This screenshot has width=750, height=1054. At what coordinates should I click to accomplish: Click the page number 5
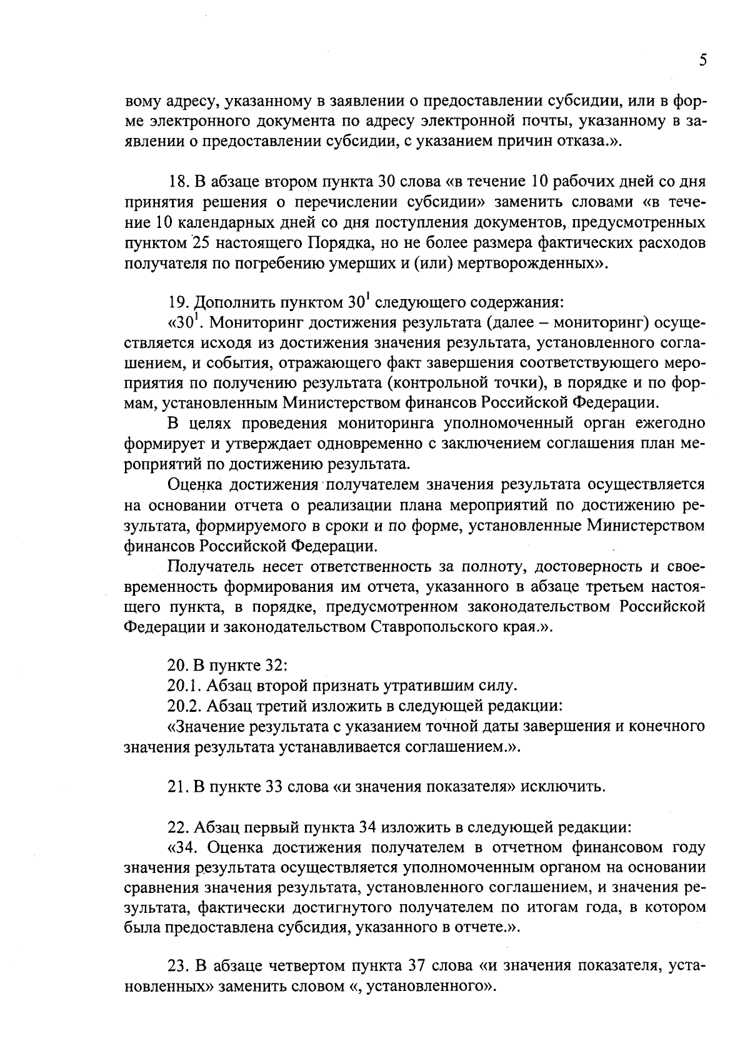click(702, 61)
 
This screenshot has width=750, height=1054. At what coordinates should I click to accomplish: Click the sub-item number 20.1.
click(183, 686)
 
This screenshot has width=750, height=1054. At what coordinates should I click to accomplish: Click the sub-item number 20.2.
click(183, 706)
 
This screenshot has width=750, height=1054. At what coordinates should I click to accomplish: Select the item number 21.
click(177, 786)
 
